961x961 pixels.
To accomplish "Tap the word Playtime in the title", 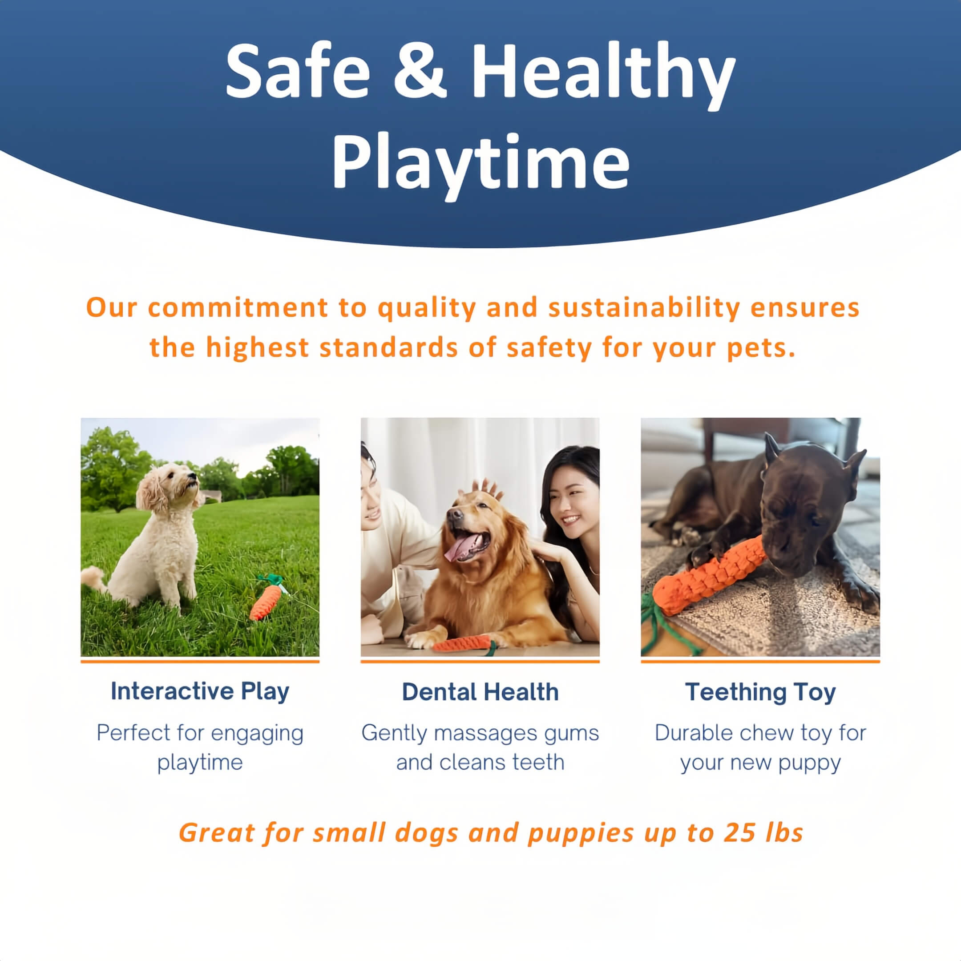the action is [x=480, y=162].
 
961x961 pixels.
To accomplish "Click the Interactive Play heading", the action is [x=200, y=692].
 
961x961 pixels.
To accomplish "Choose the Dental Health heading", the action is [x=480, y=692].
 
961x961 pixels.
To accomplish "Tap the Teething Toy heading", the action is [x=760, y=692].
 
